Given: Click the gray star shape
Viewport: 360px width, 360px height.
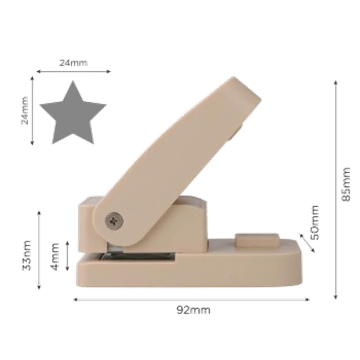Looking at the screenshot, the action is coord(73,115).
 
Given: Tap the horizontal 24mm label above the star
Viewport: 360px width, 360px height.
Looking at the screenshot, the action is coord(73,63).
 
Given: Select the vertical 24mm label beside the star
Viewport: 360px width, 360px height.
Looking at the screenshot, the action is coord(25,110).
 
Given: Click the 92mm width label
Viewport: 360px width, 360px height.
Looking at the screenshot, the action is coord(193,310).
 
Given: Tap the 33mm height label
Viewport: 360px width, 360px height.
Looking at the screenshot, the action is coord(26,256).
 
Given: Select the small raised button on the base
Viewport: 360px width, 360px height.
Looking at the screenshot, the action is coord(257,240).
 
